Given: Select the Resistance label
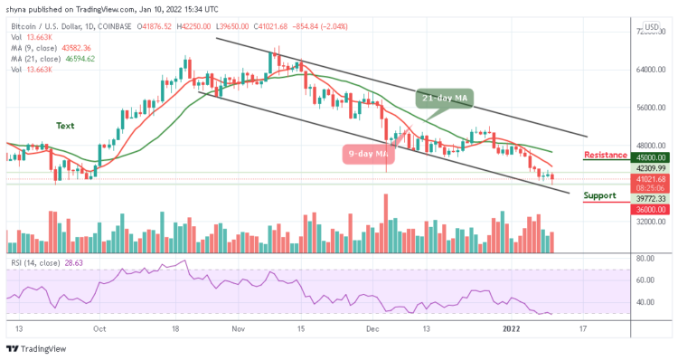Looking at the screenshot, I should coord(606,155).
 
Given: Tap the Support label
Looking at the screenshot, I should coord(601,194).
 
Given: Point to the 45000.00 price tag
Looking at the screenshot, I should coord(647,156).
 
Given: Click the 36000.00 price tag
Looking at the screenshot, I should coord(647,209).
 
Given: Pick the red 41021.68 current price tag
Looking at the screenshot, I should coord(647,180).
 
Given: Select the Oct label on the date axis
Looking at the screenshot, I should coord(99,329).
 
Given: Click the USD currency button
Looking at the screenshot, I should coord(649,27).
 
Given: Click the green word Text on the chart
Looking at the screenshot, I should coord(65,125).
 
